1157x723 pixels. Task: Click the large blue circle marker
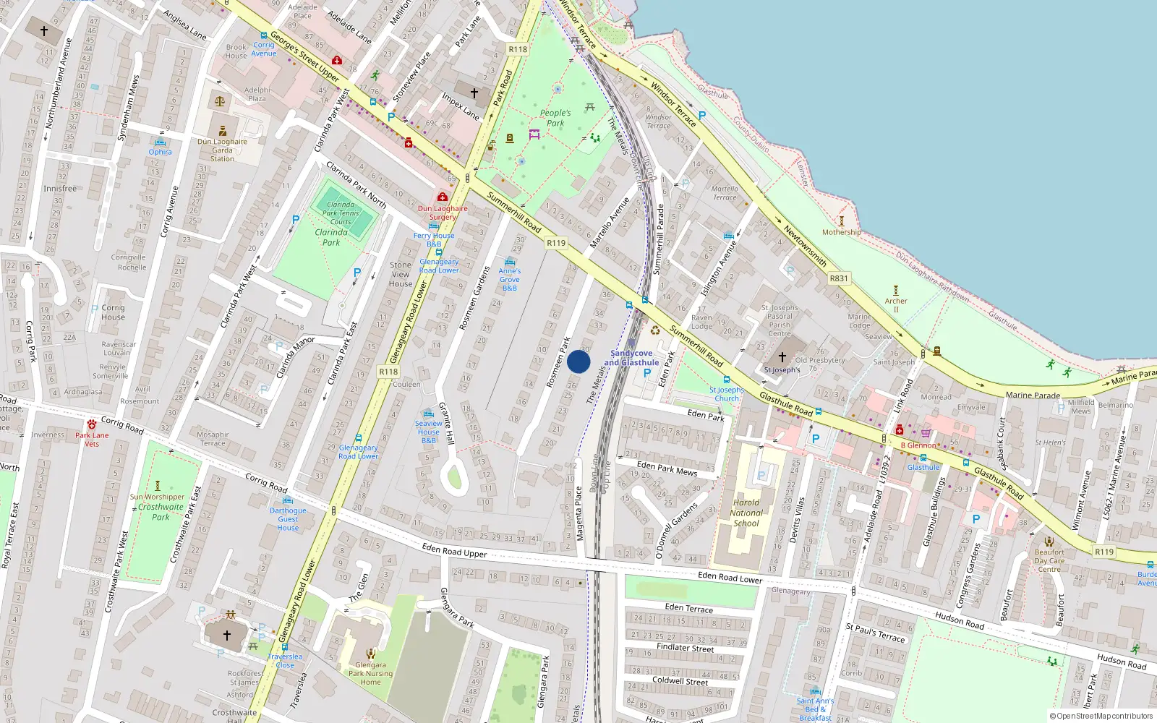point(578,361)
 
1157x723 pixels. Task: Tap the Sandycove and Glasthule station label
point(631,358)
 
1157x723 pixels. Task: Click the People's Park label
point(555,118)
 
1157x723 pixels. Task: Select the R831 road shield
point(839,278)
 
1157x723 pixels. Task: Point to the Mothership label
point(841,232)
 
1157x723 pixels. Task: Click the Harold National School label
point(746,513)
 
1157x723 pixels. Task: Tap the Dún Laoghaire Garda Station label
point(222,150)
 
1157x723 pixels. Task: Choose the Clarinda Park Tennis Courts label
point(341,213)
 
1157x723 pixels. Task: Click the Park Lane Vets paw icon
point(92,424)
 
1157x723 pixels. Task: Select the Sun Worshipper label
point(157,497)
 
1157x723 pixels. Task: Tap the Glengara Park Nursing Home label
point(370,673)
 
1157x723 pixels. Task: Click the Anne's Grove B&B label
point(509,279)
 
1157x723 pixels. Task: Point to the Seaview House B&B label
point(428,432)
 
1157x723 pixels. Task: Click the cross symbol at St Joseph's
point(782,357)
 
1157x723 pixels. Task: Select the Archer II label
point(895,305)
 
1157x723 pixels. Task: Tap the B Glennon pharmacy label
point(918,445)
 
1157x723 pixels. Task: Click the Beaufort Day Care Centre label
point(1049,560)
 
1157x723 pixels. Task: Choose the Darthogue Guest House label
point(288,518)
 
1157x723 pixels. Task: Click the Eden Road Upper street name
point(454,550)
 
